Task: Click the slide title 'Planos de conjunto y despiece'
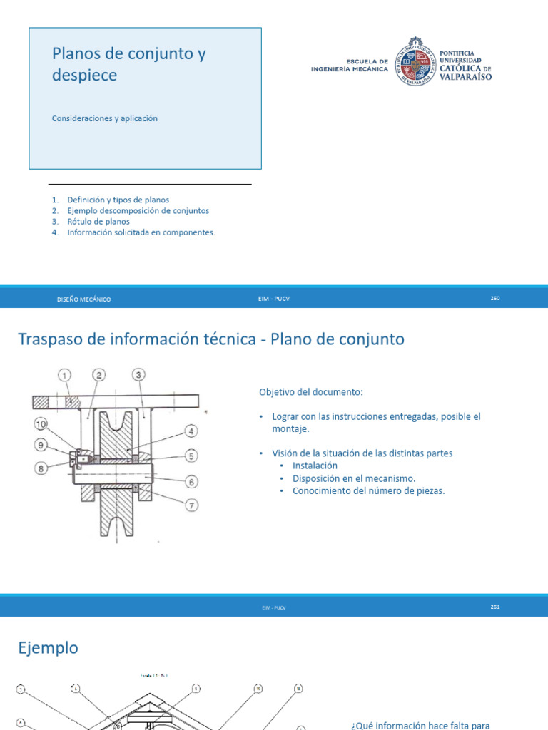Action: click(x=128, y=64)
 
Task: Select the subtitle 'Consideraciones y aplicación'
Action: click(x=104, y=118)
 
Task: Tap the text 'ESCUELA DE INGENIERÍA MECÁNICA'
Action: click(x=350, y=66)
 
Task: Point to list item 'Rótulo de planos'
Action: click(x=98, y=222)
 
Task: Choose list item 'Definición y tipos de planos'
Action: click(x=118, y=200)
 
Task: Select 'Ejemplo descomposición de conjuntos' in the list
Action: click(x=138, y=211)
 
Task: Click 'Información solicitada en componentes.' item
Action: click(x=141, y=232)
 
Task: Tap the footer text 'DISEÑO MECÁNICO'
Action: click(x=83, y=299)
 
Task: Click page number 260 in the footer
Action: click(x=495, y=298)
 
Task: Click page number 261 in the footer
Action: click(x=495, y=607)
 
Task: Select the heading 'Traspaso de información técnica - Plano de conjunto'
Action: click(x=210, y=339)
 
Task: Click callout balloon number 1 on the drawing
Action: click(x=65, y=375)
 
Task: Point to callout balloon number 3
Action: click(x=139, y=375)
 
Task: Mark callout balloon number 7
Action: click(x=191, y=506)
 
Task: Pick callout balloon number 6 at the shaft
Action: click(x=191, y=481)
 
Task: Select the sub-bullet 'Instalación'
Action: click(x=315, y=466)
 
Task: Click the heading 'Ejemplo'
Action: click(x=48, y=648)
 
